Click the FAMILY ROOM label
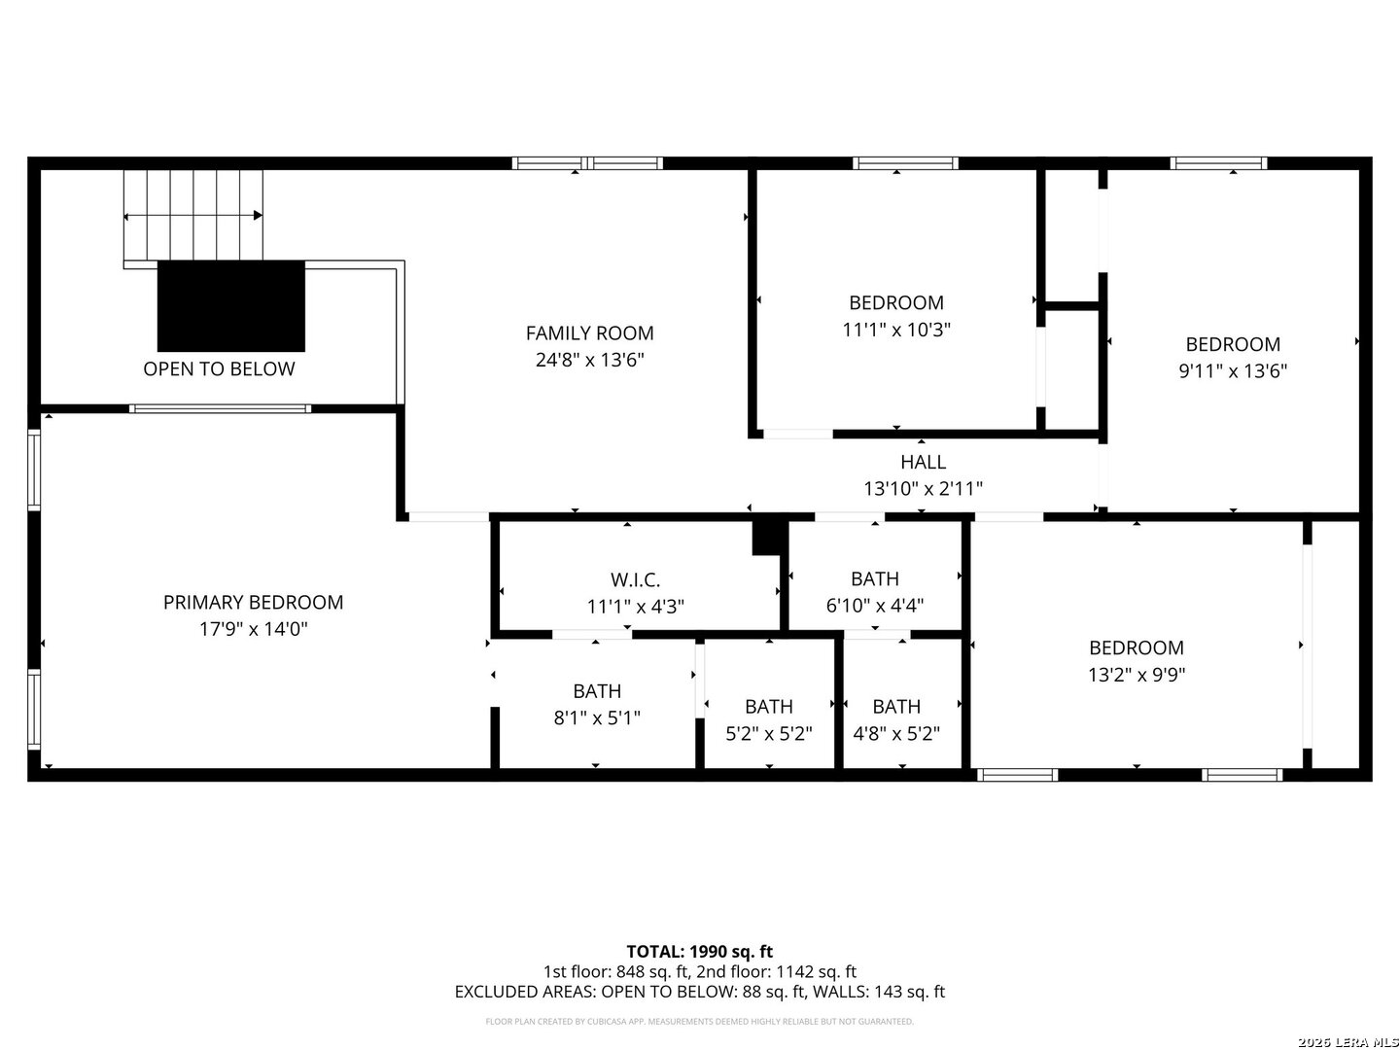pos(589,333)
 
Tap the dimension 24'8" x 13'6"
pos(589,360)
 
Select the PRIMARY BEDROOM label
pos(253,603)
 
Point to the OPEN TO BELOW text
pos(219,369)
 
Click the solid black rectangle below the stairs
pos(231,305)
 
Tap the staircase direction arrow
pos(193,216)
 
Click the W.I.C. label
pos(635,580)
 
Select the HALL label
pos(923,463)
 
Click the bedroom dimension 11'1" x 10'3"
pos(895,330)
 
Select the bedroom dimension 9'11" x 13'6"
pos(1233,370)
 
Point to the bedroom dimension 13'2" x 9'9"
pos(1136,675)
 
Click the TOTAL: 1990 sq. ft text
pos(699,951)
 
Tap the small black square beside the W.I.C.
pos(768,537)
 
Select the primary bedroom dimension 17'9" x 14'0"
pos(253,629)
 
